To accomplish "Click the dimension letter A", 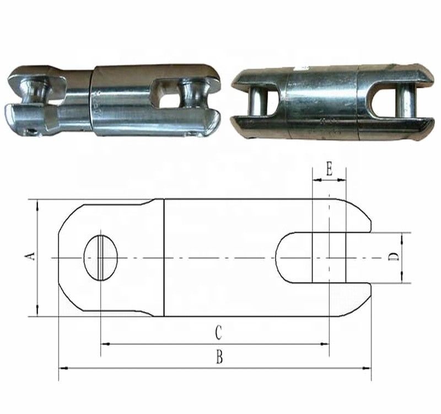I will (x=31, y=256).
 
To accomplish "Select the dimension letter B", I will (x=219, y=358).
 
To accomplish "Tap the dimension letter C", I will (x=218, y=333).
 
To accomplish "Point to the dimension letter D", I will (x=393, y=258).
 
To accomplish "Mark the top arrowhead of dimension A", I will (x=37, y=204).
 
